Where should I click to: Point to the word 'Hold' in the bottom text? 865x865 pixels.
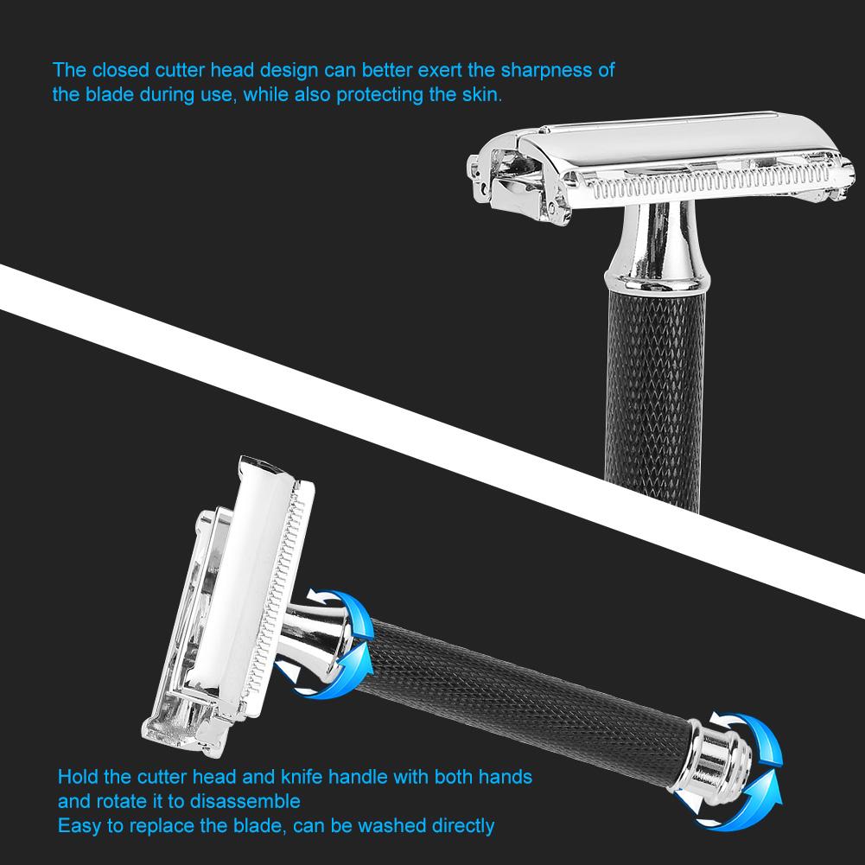76,777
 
